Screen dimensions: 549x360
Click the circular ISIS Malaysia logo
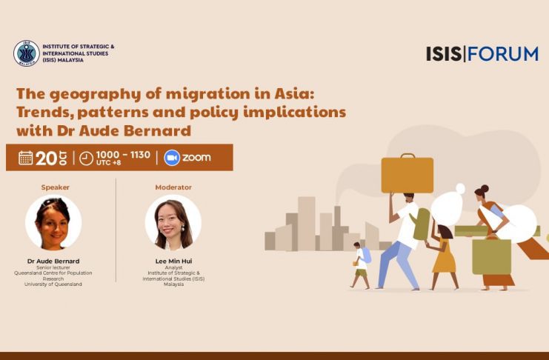[26, 53]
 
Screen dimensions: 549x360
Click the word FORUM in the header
[503, 53]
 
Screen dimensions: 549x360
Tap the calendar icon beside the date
[25, 158]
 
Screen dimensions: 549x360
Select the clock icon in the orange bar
[86, 159]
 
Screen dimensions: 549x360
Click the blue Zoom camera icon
[172, 158]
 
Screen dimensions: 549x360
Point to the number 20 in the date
[46, 159]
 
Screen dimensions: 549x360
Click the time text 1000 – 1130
[123, 154]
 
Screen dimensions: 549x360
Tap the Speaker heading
[56, 187]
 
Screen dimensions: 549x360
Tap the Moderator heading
[173, 187]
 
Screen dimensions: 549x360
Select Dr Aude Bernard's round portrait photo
[53, 222]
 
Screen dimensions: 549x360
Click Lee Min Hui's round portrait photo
[173, 222]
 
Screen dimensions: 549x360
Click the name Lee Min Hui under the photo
[173, 261]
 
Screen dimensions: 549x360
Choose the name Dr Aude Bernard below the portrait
[53, 261]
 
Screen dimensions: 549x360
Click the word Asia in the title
[295, 93]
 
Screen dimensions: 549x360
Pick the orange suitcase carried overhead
[407, 173]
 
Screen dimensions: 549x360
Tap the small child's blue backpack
[366, 255]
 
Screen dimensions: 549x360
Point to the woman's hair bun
[485, 188]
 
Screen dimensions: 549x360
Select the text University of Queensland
[53, 284]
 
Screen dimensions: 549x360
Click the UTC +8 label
[108, 163]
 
